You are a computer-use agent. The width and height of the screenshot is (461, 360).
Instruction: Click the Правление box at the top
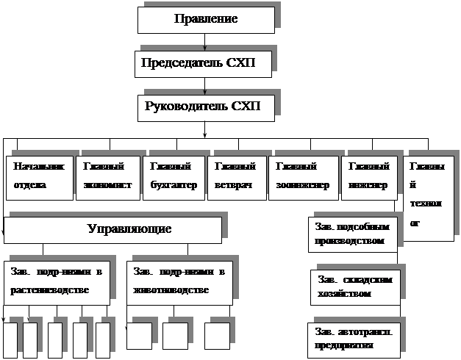click(206, 19)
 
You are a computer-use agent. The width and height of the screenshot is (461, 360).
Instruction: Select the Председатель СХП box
click(204, 64)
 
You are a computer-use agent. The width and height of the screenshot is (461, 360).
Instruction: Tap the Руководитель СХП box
click(205, 107)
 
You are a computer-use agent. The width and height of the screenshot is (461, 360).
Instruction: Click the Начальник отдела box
click(39, 177)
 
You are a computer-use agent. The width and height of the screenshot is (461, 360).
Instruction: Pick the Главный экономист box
click(107, 177)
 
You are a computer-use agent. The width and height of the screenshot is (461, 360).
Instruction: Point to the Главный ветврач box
click(235, 177)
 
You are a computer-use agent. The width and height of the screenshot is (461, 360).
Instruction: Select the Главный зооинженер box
click(302, 177)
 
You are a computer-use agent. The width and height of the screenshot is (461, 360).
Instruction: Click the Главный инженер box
click(368, 177)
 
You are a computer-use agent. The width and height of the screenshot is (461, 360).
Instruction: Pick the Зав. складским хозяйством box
click(356, 287)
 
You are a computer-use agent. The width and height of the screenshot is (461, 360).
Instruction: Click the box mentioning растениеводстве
click(57, 281)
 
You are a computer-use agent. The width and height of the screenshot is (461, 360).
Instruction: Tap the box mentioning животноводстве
click(179, 281)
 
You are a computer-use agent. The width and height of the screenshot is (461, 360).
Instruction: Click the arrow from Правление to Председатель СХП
click(204, 43)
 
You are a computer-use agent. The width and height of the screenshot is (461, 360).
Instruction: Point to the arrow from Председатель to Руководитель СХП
click(204, 87)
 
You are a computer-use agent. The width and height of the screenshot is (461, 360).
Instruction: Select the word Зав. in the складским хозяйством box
click(327, 280)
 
